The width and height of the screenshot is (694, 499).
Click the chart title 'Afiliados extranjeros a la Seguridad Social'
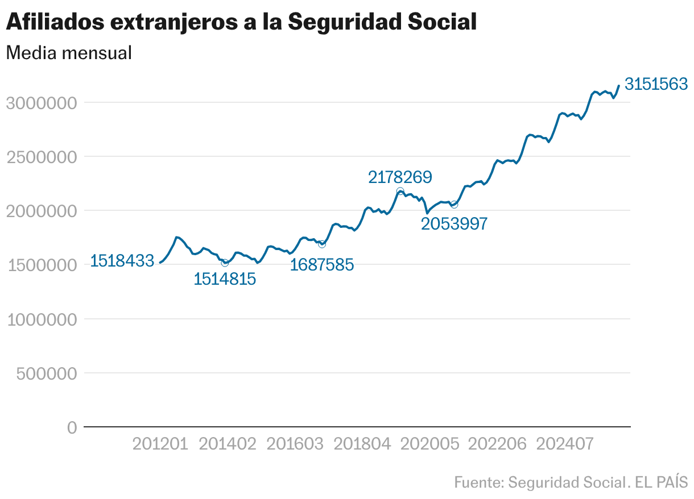tap(241, 22)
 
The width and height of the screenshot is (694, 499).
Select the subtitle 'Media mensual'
tap(69, 53)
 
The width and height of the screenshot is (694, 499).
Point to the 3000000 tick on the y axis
tap(41, 103)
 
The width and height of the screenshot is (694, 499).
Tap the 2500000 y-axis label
tap(41, 157)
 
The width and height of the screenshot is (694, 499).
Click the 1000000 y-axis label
tap(41, 319)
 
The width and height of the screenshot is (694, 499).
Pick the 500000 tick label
tap(46, 373)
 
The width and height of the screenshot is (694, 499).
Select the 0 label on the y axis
tap(72, 427)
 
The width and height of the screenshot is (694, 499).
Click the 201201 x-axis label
tap(160, 444)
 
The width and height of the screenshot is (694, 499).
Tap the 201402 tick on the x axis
tap(227, 444)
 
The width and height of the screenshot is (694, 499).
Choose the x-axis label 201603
tap(294, 444)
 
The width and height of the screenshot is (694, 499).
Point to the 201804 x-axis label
tap(361, 444)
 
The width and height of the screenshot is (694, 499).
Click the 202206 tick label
tap(495, 444)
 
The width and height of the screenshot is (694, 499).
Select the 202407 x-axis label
tap(563, 444)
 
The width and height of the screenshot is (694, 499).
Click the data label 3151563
tap(656, 84)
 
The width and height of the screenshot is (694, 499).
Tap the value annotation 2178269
tap(400, 177)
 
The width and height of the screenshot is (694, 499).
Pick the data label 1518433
tap(122, 261)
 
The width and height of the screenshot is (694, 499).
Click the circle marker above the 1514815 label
tap(225, 263)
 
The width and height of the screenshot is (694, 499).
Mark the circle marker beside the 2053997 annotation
tap(453, 204)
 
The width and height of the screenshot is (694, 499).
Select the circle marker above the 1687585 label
tap(322, 244)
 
